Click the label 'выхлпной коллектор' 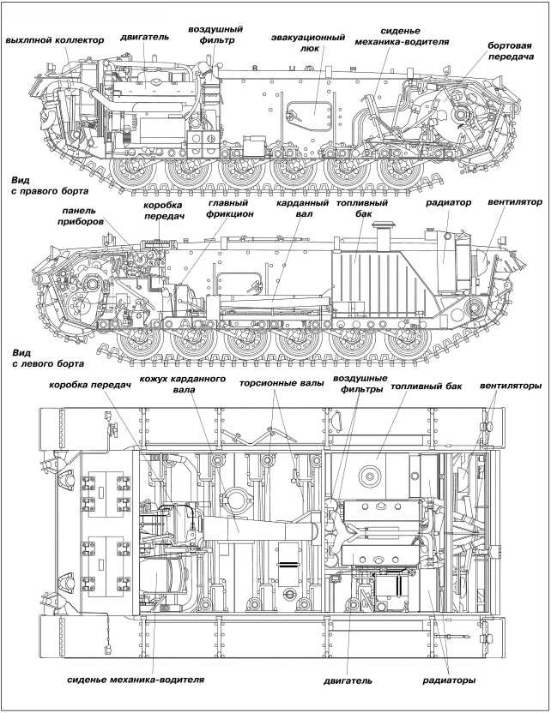54,40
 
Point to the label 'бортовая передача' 510,51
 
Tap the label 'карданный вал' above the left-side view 294,209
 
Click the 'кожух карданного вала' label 190,384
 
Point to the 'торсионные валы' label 281,385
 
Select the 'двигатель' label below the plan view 348,681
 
